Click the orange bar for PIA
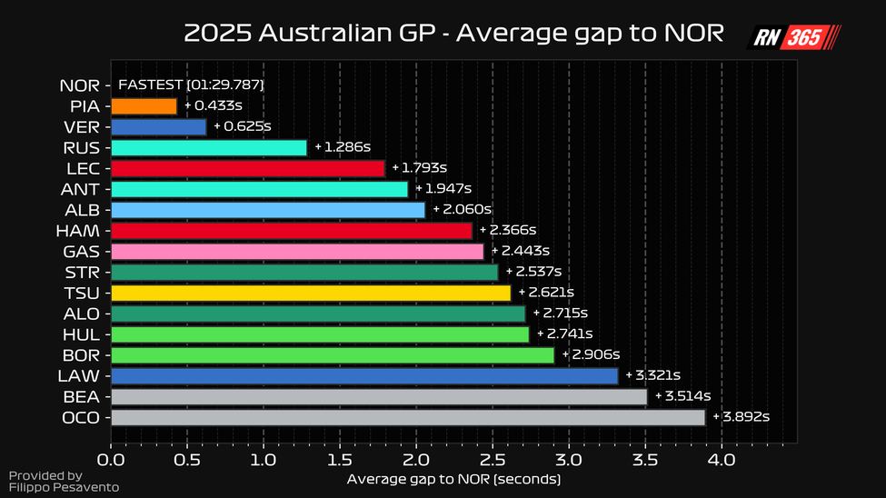144,106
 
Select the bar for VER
158,127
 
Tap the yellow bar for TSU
311,293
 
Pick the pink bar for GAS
297,251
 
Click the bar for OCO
408,417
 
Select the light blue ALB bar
268,210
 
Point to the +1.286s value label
343,147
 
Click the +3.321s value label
653,375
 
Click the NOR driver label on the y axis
80,86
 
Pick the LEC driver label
83,169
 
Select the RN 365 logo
793,37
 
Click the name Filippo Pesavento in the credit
51,488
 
